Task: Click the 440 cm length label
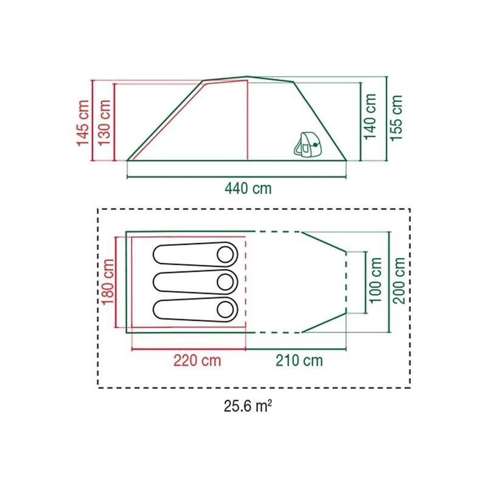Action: (x=248, y=188)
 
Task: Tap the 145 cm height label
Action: (x=83, y=123)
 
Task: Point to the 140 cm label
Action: (x=371, y=117)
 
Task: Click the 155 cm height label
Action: (x=397, y=118)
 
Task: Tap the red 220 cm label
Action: (x=198, y=360)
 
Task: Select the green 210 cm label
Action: (x=299, y=360)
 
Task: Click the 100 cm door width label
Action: (x=376, y=280)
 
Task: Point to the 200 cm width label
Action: (x=400, y=280)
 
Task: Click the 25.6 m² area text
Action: (x=247, y=406)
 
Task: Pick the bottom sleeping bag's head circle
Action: (x=225, y=309)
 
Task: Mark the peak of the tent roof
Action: (x=247, y=77)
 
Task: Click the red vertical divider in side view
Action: (x=247, y=122)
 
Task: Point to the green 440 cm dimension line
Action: (x=237, y=177)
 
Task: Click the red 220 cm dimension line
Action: (x=189, y=349)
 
